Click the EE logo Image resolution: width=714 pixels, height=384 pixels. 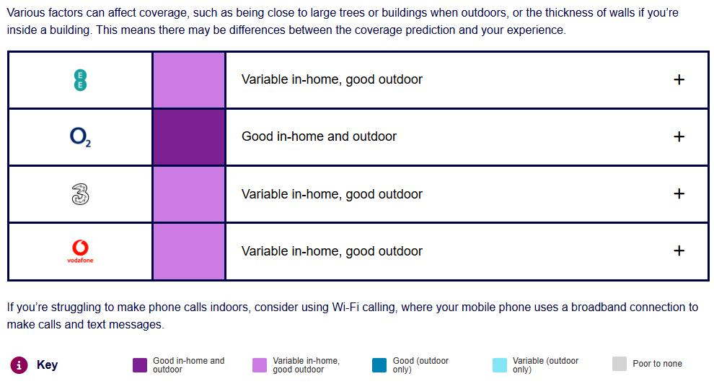[80, 80]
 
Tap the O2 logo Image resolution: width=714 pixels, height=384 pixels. [80, 136]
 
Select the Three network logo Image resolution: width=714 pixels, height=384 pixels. [80, 194]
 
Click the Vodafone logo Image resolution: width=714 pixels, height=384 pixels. [80, 251]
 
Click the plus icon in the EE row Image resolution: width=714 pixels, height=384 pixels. [679, 79]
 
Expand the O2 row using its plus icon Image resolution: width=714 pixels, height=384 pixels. [679, 136]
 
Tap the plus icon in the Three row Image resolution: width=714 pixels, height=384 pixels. [679, 193]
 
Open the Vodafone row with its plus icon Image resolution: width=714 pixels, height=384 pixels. [679, 250]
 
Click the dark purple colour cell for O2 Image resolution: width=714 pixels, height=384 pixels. [189, 137]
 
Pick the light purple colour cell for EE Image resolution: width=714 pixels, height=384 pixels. [189, 80]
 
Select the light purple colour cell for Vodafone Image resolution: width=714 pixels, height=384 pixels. [189, 251]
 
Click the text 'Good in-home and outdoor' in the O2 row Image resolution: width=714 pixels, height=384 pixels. [319, 136]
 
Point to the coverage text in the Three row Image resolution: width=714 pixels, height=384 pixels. [332, 194]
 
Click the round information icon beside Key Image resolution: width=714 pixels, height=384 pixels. [19, 365]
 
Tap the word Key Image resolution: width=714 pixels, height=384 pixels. [47, 365]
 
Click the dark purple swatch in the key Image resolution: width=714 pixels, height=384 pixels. [140, 365]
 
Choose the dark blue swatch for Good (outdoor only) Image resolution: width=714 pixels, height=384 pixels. [379, 365]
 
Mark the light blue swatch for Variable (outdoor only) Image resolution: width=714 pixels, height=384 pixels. [500, 365]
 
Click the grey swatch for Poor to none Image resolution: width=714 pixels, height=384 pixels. [620, 364]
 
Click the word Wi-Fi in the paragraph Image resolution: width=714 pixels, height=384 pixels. [345, 307]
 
